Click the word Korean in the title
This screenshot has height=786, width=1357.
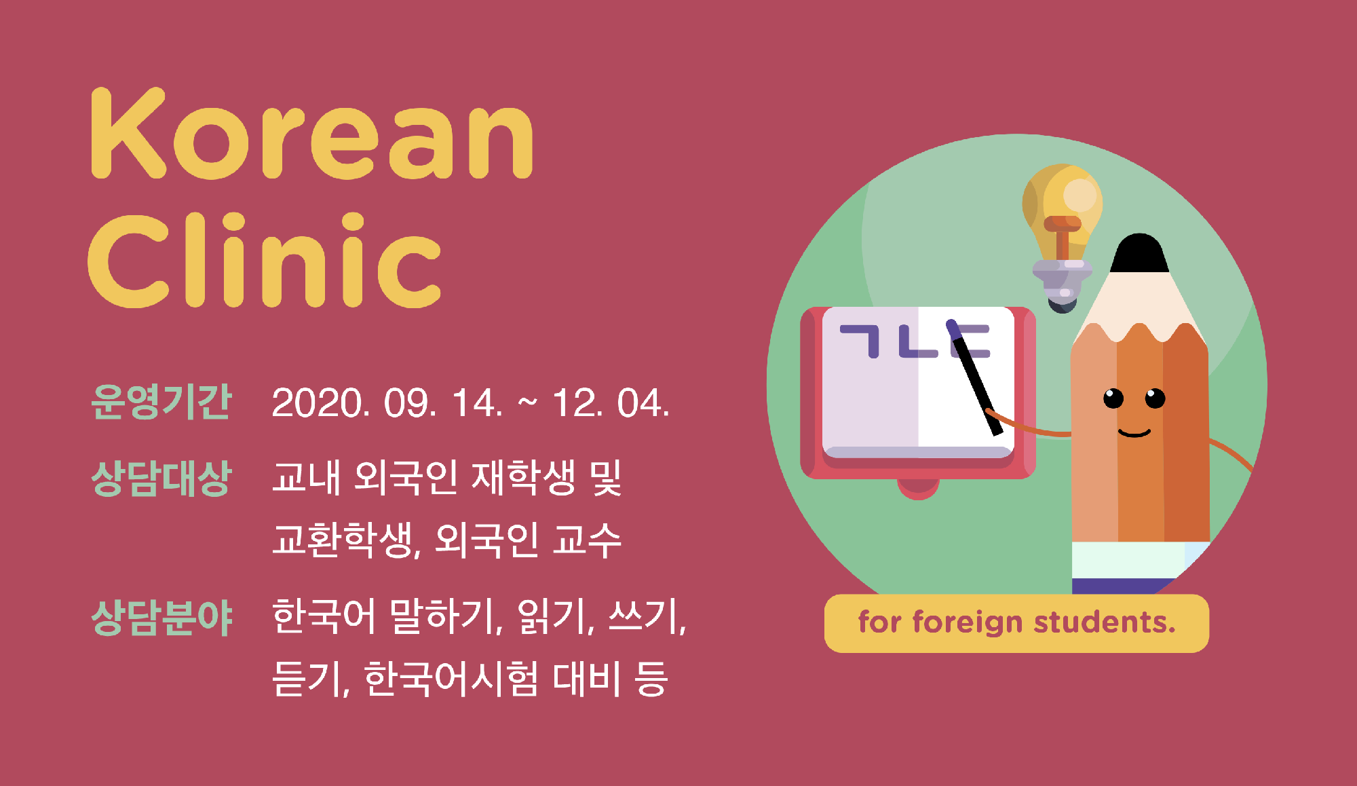pyautogui.click(x=312, y=133)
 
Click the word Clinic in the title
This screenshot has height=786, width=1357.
pyautogui.click(x=265, y=259)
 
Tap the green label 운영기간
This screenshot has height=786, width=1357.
pyautogui.click(x=161, y=402)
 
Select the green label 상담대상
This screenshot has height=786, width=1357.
pyautogui.click(x=161, y=478)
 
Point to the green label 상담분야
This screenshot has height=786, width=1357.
pyautogui.click(x=161, y=618)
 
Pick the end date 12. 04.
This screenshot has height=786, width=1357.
pyautogui.click(x=611, y=403)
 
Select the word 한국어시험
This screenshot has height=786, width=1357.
pyautogui.click(x=451, y=679)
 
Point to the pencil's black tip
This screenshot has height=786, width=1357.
pyautogui.click(x=1140, y=253)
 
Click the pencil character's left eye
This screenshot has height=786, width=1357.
pyautogui.click(x=1113, y=398)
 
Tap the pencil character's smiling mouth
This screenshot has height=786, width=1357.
pyautogui.click(x=1134, y=432)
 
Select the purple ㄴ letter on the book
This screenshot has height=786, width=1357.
pyautogui.click(x=919, y=341)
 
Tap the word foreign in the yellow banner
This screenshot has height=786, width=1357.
pyautogui.click(x=968, y=623)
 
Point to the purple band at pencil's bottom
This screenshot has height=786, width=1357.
pyautogui.click(x=1123, y=586)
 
